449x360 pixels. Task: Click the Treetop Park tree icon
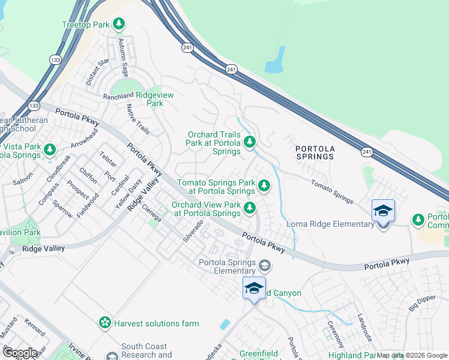click(x=119, y=24)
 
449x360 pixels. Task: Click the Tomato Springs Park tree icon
click(x=264, y=187)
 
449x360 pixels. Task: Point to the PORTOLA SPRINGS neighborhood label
click(x=315, y=152)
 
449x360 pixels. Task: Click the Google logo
click(x=19, y=353)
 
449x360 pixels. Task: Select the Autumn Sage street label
click(x=124, y=58)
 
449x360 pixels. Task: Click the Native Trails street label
click(x=138, y=119)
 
